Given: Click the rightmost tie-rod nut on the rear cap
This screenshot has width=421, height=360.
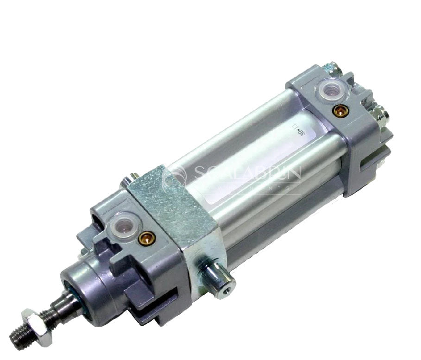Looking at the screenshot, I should (380, 113).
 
